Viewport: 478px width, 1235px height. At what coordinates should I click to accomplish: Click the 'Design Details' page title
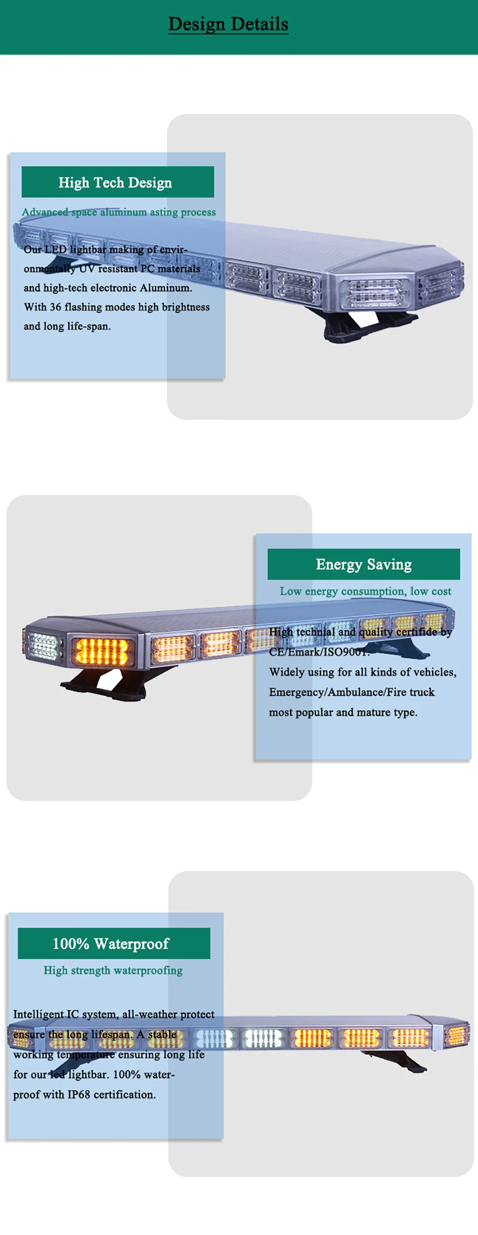click(228, 24)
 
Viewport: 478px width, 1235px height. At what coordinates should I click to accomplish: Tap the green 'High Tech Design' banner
click(118, 182)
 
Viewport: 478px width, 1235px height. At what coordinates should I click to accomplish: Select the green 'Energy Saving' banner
click(364, 564)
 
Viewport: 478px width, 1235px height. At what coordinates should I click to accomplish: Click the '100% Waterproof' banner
click(114, 943)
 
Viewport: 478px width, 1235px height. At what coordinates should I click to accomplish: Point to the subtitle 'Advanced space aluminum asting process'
click(119, 212)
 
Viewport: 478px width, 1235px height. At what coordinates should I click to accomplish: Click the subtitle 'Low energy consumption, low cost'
click(365, 591)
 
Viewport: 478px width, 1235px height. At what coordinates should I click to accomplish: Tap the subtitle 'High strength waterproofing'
click(113, 970)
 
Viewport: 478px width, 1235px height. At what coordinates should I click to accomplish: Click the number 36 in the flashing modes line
click(55, 307)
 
